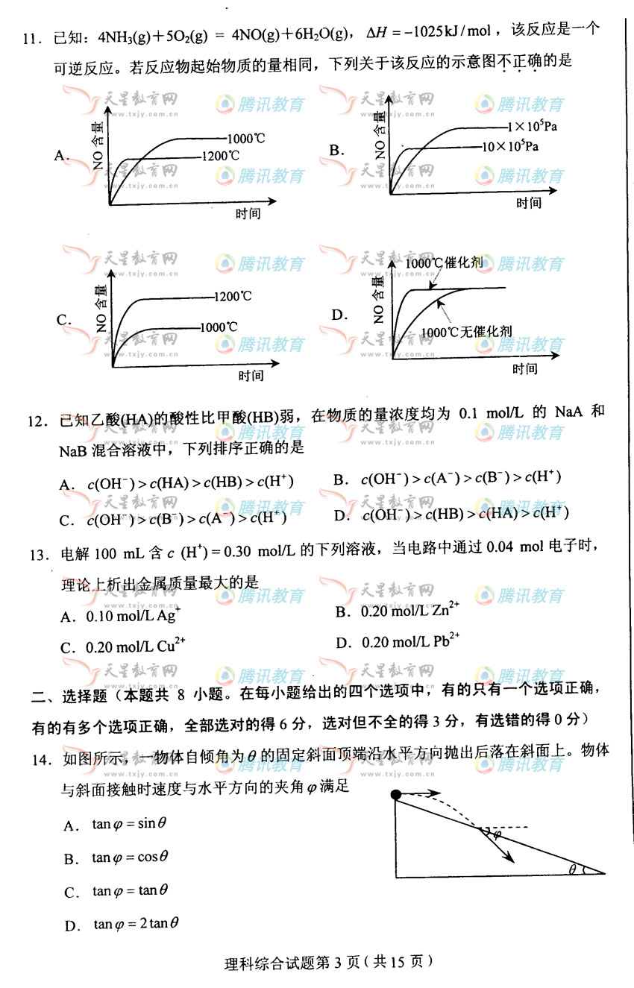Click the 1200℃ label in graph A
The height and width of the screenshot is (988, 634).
point(221,157)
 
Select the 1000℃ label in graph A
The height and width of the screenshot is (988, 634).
point(247,139)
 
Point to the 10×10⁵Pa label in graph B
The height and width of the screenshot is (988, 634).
point(511,146)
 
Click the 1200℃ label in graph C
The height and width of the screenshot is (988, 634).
point(233,297)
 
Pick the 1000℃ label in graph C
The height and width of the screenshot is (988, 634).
point(220,327)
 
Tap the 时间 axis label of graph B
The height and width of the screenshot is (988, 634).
point(528,203)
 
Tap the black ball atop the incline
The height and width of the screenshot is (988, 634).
point(396,794)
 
